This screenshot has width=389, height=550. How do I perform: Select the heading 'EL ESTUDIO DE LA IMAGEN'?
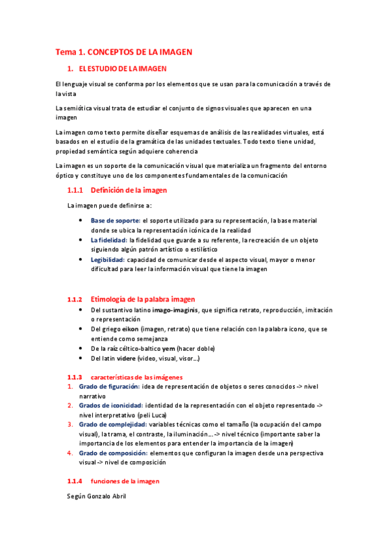tap(123, 68)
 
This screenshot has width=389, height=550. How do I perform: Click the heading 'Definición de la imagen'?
tap(129, 191)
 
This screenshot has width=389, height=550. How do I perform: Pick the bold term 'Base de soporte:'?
tap(115, 221)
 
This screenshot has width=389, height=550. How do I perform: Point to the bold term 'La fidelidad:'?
tap(108, 240)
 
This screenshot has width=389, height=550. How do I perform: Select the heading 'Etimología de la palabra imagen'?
tap(143, 300)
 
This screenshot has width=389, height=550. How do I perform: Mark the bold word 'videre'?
tap(127, 358)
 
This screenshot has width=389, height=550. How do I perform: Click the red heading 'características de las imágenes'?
tap(136, 377)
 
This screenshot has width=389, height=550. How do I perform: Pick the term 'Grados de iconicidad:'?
tap(111, 405)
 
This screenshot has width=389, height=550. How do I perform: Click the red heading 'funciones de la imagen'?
tap(125, 481)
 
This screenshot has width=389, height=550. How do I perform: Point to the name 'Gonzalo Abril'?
tap(108, 496)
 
